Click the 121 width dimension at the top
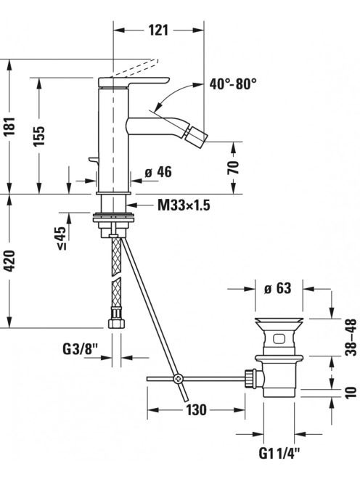click(159, 30)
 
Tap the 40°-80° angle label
click(233, 83)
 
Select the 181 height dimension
click(10, 126)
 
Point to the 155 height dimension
click(39, 135)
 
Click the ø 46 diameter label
click(158, 173)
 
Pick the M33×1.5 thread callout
click(184, 205)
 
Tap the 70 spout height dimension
click(234, 168)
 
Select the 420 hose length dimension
click(10, 261)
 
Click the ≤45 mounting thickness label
click(62, 239)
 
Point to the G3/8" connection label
click(81, 349)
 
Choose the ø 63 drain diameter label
click(278, 288)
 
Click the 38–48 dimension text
click(351, 337)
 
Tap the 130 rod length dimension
click(196, 409)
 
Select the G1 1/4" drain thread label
click(279, 453)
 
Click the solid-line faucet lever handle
click(134, 82)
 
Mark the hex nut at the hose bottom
click(117, 323)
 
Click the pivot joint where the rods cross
click(178, 378)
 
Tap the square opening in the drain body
click(278, 339)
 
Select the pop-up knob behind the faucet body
click(93, 160)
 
